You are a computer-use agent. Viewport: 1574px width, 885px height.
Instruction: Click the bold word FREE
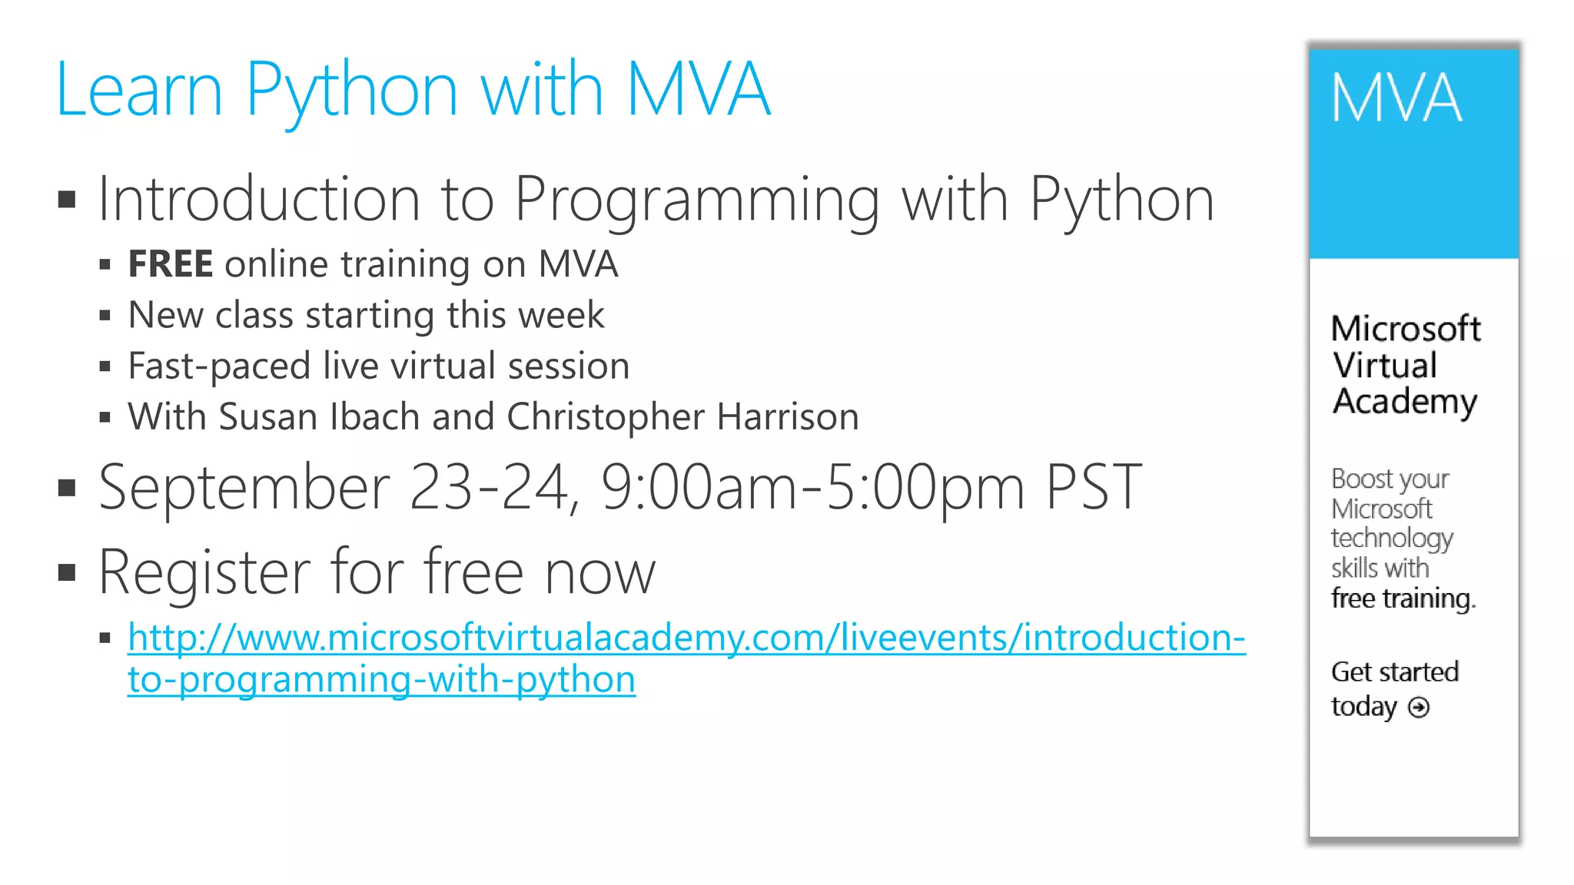[170, 264]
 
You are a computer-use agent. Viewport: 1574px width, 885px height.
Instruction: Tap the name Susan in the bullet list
[267, 417]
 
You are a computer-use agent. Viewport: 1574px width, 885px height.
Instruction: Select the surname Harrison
[788, 417]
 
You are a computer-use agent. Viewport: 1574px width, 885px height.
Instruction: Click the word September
[244, 488]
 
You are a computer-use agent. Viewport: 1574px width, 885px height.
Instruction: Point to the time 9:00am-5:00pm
[812, 488]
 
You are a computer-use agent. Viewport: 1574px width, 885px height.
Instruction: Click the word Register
[203, 573]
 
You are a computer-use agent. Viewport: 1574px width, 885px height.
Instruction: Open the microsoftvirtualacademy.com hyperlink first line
[686, 638]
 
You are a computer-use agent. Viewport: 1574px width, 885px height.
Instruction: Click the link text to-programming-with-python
[381, 680]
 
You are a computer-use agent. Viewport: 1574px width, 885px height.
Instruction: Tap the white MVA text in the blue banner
[1396, 98]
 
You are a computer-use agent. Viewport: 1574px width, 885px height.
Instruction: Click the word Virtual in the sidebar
[1384, 365]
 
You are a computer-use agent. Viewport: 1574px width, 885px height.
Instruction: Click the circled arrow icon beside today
[1419, 707]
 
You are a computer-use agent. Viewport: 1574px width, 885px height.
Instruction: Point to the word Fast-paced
[218, 366]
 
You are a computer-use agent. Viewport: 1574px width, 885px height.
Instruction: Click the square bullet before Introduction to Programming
[68, 200]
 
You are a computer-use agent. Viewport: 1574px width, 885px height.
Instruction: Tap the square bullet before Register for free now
[68, 572]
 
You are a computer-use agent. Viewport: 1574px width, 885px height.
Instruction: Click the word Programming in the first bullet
[696, 200]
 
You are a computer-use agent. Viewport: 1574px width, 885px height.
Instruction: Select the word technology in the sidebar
[1392, 539]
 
